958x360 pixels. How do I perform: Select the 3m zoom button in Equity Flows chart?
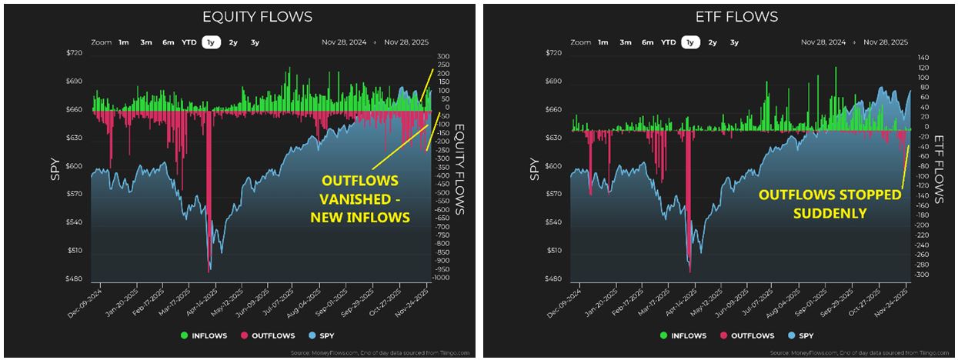click(x=145, y=43)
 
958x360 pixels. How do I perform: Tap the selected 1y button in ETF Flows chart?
click(x=689, y=43)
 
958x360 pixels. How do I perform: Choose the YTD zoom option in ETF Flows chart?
click(x=669, y=43)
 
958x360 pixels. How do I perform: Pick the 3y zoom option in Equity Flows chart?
click(x=255, y=43)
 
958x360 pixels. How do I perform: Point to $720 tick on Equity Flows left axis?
click(x=72, y=53)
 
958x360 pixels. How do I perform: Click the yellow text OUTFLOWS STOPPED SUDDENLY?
click(x=829, y=204)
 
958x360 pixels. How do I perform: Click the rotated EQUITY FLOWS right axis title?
click(x=459, y=169)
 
